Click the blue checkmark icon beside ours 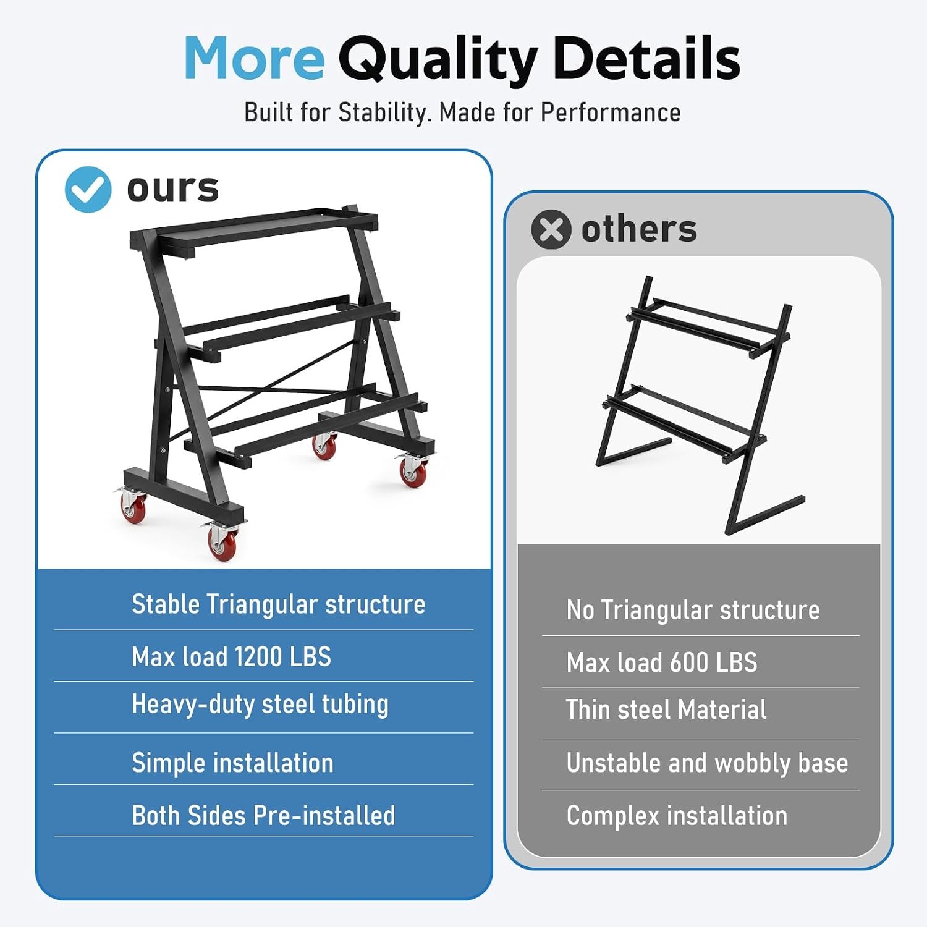[88, 189]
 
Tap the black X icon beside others [551, 229]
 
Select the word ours [173, 188]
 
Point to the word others [639, 229]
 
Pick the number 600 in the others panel [689, 662]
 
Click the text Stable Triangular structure [279, 604]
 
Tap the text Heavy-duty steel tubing [260, 705]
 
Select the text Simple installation [233, 763]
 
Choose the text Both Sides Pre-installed [264, 815]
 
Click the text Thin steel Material [666, 709]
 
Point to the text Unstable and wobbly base [707, 763]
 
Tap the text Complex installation [677, 816]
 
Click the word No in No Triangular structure [580, 610]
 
